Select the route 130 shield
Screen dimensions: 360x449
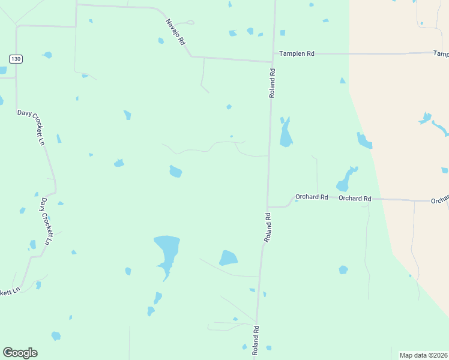tap(16, 58)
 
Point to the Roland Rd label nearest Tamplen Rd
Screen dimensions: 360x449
tap(273, 83)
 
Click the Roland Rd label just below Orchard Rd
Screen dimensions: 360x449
tap(268, 227)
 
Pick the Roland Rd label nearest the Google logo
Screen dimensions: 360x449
tap(256, 340)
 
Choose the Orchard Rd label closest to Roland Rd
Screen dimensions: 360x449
tap(312, 197)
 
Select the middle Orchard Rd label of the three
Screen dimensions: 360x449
tap(355, 199)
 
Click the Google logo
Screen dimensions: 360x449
tap(20, 353)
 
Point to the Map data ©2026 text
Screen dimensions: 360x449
tap(424, 355)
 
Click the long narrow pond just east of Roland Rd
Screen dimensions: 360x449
tap(286, 133)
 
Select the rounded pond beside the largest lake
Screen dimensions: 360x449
tap(228, 258)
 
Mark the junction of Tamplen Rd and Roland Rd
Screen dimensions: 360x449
tap(274, 54)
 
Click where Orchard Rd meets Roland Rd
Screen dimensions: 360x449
tap(268, 207)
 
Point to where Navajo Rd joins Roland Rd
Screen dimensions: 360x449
tap(272, 61)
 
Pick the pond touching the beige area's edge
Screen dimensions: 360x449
tap(364, 140)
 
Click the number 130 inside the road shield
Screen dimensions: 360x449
tap(16, 58)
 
